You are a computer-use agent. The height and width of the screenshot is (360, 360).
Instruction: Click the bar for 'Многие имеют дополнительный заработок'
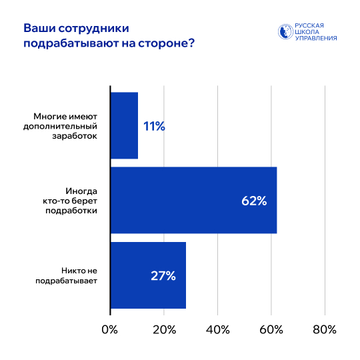[124, 125]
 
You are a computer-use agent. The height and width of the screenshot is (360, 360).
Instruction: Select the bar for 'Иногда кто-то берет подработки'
[193, 200]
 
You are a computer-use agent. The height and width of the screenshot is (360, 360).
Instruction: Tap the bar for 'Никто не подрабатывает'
[148, 275]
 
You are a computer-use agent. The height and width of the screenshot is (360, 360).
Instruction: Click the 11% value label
[154, 125]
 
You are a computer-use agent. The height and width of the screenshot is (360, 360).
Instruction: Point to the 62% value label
[254, 201]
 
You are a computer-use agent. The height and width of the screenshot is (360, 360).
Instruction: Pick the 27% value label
[163, 275]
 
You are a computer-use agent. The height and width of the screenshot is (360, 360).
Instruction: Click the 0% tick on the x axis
[109, 330]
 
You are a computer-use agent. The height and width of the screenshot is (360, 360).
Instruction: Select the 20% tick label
[164, 330]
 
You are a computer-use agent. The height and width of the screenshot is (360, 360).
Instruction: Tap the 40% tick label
[218, 330]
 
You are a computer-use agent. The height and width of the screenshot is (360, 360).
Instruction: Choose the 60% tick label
[271, 330]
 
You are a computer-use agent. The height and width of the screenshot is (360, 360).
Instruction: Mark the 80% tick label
[325, 330]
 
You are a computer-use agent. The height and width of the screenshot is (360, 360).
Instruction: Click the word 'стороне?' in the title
[175, 44]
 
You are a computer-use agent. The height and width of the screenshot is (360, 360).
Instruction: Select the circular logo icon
[285, 32]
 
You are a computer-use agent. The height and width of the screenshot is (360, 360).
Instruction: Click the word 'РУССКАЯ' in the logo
[310, 25]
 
